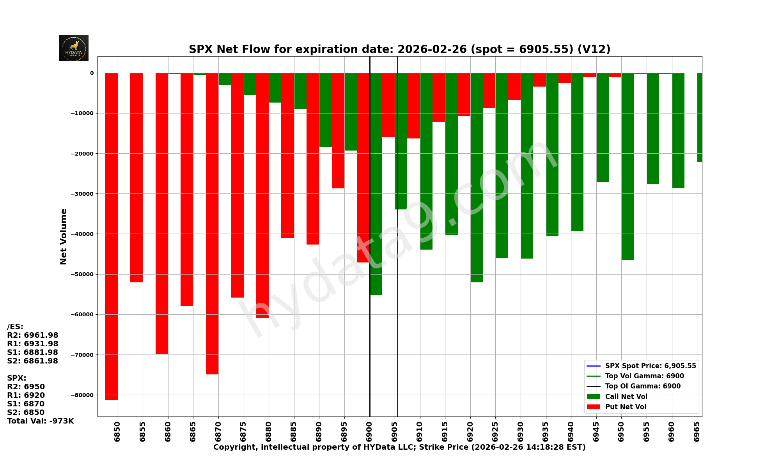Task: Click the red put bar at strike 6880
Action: pyautogui.click(x=262, y=195)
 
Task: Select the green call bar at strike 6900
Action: pyautogui.click(x=376, y=184)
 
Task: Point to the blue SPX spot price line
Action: pyautogui.click(x=397, y=312)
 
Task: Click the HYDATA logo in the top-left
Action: pyautogui.click(x=74, y=48)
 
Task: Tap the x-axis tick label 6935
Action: pyautogui.click(x=546, y=431)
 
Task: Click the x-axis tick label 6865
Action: pyautogui.click(x=193, y=431)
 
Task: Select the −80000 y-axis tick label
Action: pyautogui.click(x=82, y=395)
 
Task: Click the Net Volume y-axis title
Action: pyautogui.click(x=64, y=236)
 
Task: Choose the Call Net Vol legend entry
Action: pyautogui.click(x=626, y=397)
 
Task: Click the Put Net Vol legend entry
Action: pyautogui.click(x=625, y=407)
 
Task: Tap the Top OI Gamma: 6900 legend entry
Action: pyautogui.click(x=642, y=386)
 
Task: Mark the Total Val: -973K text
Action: pyautogui.click(x=40, y=421)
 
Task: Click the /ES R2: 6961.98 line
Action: pyautogui.click(x=33, y=335)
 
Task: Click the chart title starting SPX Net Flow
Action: pyautogui.click(x=399, y=49)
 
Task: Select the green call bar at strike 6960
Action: pyautogui.click(x=678, y=130)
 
